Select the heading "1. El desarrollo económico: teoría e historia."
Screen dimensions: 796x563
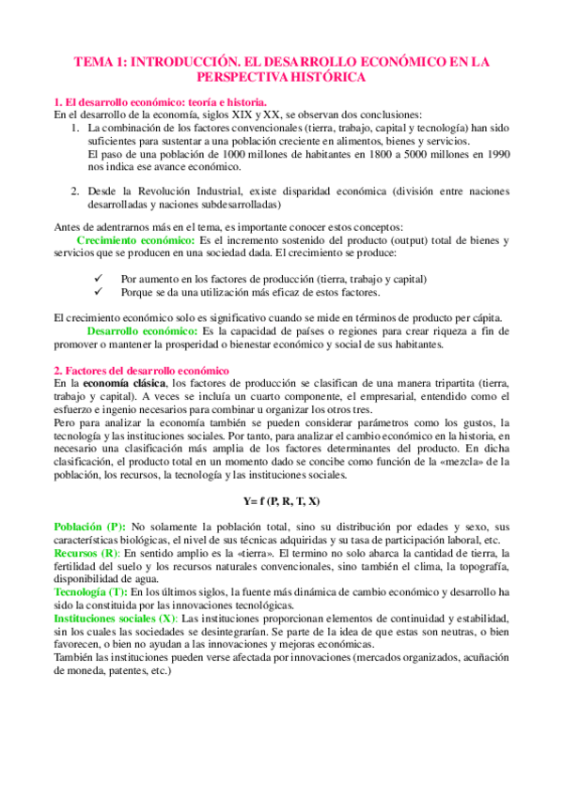pyautogui.click(x=161, y=101)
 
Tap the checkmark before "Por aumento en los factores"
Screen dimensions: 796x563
pyautogui.click(x=99, y=279)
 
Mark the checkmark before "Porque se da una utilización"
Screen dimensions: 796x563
pyautogui.click(x=99, y=292)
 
